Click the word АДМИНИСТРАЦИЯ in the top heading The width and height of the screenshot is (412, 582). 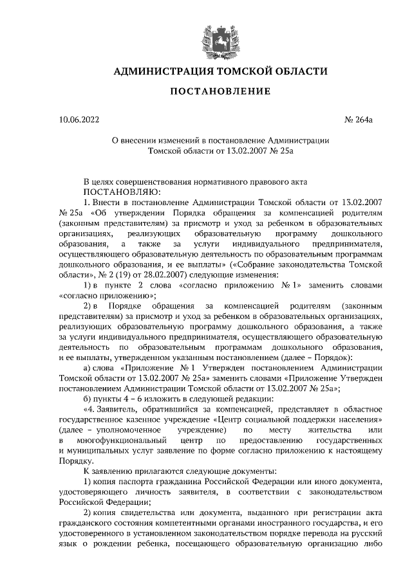pyautogui.click(x=154, y=71)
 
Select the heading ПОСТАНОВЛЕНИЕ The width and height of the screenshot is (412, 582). pyautogui.click(x=220, y=92)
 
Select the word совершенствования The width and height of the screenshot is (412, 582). pyautogui.click(x=165, y=182)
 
